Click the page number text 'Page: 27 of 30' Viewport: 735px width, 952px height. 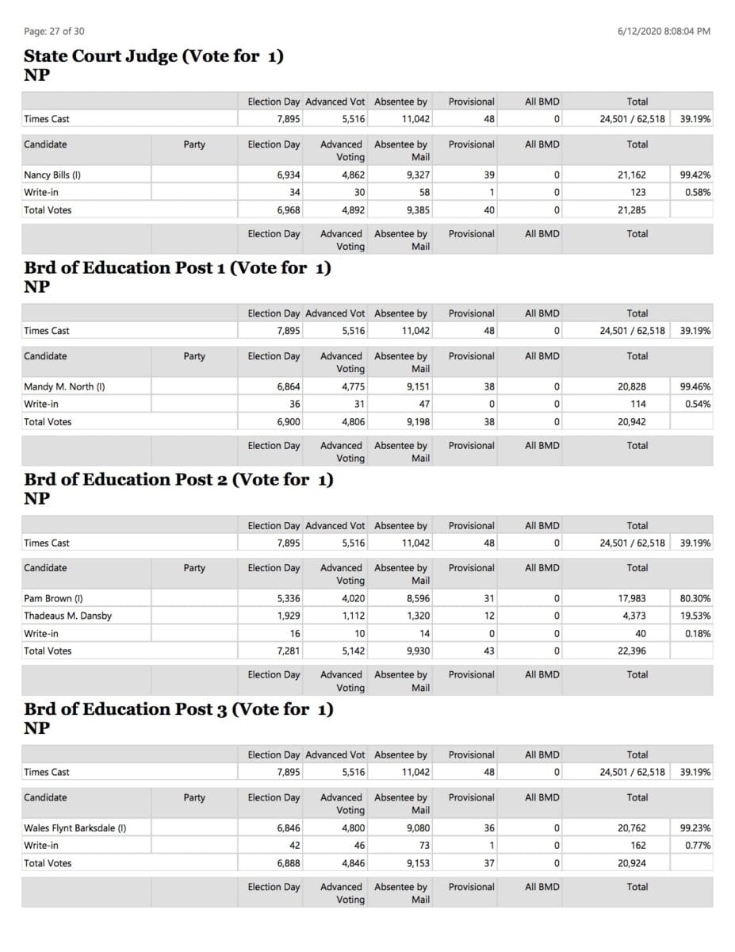(x=54, y=31)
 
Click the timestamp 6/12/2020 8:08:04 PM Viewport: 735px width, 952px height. (x=664, y=31)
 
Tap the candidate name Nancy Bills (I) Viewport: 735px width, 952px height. (x=52, y=175)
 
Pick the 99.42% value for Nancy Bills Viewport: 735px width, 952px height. (x=695, y=175)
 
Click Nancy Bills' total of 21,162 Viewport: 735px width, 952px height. (x=631, y=175)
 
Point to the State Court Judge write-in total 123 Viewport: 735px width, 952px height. (x=637, y=192)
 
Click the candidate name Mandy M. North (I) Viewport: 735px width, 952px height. (x=64, y=386)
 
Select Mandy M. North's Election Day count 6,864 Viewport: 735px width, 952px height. (x=288, y=386)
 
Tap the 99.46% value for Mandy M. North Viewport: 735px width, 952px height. (x=695, y=386)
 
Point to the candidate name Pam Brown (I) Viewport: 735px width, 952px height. (x=53, y=598)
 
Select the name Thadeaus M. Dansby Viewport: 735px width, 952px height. (x=67, y=616)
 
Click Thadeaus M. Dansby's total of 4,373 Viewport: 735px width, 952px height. (x=634, y=616)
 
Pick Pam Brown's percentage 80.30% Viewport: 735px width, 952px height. (x=695, y=598)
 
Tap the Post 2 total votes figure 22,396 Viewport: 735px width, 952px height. (x=631, y=651)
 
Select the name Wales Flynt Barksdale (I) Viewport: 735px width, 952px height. (x=75, y=827)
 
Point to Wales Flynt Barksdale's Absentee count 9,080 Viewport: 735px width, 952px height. (x=418, y=827)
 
